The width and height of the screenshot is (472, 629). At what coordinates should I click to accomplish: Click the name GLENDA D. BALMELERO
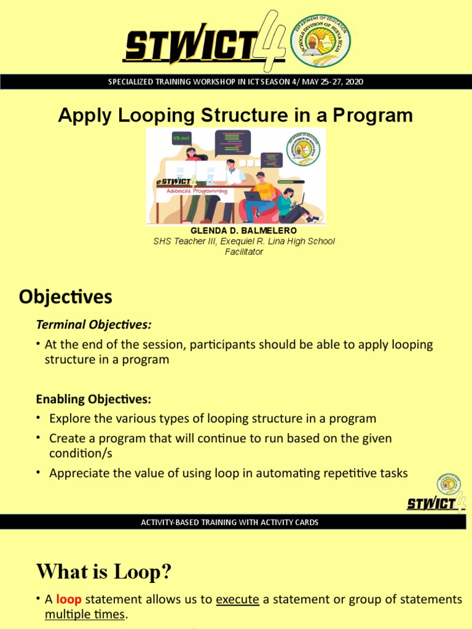point(235,230)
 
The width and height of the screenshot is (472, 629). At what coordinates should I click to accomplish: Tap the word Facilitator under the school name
point(244,252)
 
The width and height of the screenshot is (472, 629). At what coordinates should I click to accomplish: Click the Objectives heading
point(66,297)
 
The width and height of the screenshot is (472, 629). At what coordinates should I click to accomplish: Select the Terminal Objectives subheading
point(93,324)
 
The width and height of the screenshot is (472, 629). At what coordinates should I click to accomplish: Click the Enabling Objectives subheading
point(93,399)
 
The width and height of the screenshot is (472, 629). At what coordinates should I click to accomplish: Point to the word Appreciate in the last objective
point(77,473)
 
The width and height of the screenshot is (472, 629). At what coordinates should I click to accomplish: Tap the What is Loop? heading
point(104,572)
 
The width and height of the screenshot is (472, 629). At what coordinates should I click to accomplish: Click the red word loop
point(68,600)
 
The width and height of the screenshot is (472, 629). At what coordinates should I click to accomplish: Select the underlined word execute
point(237,600)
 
